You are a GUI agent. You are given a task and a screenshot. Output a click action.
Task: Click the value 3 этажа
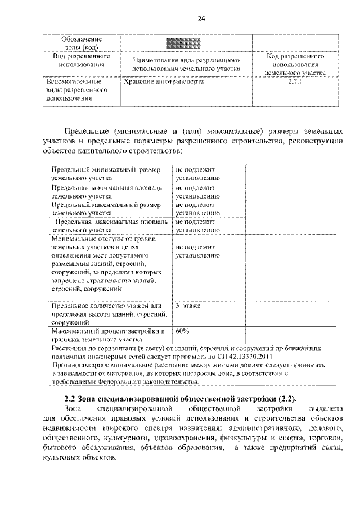pyautogui.click(x=188, y=306)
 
